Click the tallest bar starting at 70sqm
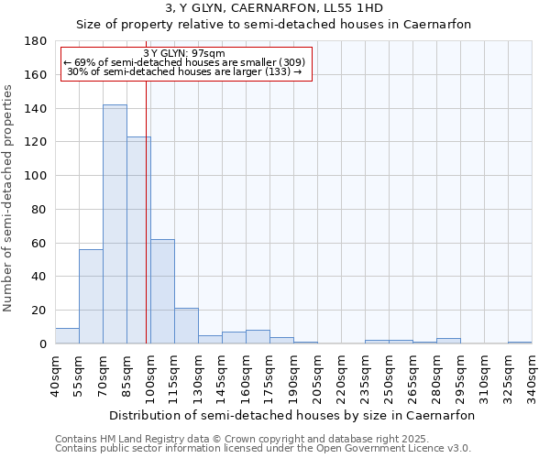pos(115,224)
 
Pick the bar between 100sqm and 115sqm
pos(162,291)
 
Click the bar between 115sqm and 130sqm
pos(186,326)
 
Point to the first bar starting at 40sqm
pos(67,336)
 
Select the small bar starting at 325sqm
pos(520,343)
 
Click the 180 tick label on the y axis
pos(37,41)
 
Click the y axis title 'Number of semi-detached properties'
pos(9,198)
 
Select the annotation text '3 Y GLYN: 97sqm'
pos(185,53)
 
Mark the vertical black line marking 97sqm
pos(147,229)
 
